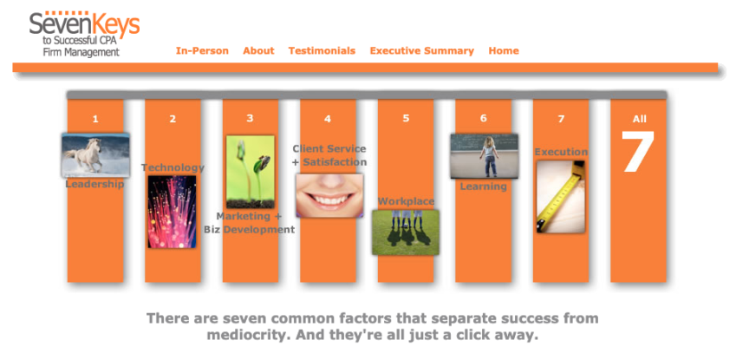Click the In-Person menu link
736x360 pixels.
202,51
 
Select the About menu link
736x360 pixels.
258,51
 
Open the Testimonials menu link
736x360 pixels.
322,51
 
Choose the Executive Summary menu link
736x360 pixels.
421,51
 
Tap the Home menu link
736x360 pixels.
504,51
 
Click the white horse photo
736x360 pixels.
95,156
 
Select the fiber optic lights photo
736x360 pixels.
172,212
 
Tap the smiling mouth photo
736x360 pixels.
329,195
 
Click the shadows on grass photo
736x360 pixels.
406,232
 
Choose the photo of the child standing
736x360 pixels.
484,156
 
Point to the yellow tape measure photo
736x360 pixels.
560,196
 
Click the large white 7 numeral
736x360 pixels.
638,154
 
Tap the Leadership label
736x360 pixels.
94,184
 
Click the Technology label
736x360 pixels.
173,167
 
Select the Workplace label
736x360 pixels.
406,202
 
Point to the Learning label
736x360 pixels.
483,187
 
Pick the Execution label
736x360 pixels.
560,153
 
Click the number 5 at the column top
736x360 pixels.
406,119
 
